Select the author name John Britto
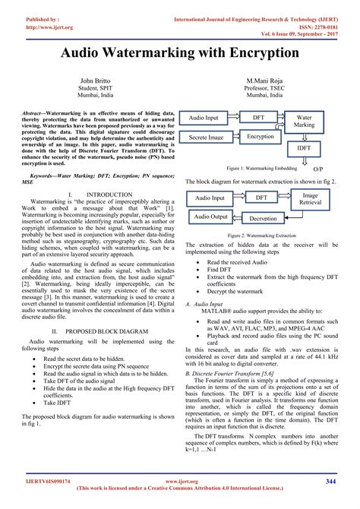99,80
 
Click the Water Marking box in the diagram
304,122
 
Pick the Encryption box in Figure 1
260,137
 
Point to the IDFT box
304,148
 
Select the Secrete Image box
207,138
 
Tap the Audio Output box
210,217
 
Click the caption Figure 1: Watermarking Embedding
263,166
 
